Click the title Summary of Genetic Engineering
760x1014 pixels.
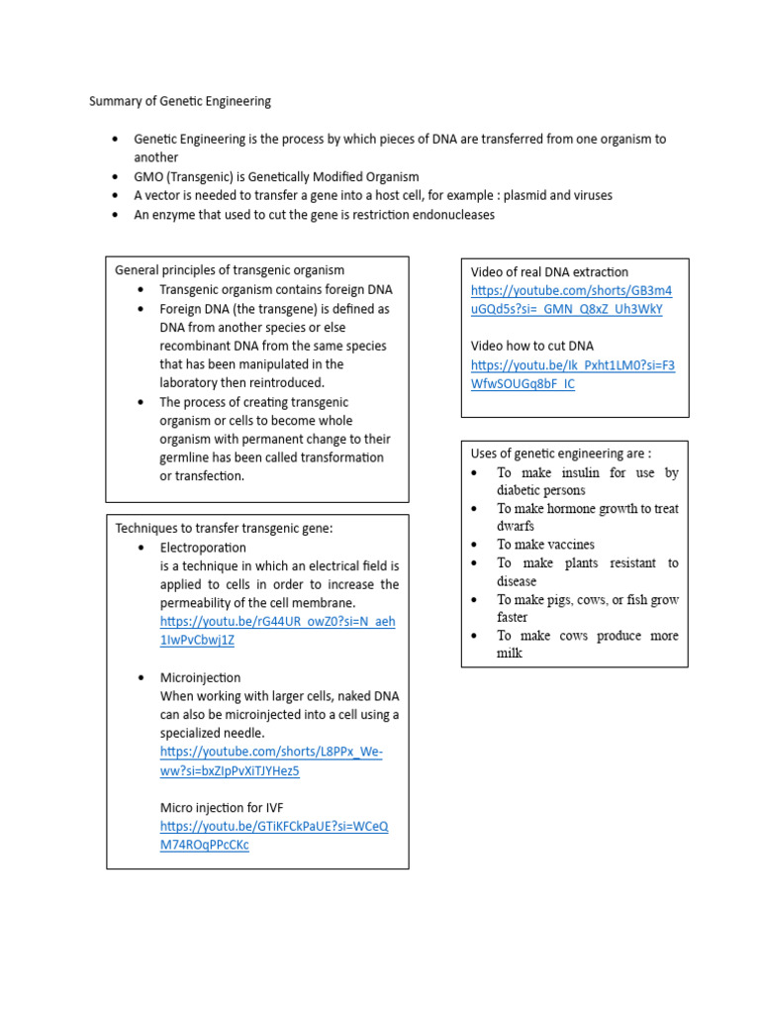(180, 101)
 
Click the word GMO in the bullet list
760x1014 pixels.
(149, 176)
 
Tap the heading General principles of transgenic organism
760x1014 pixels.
(230, 270)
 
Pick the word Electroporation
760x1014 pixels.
(203, 547)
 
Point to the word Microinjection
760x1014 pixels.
(200, 677)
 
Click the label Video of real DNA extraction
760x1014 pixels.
(549, 271)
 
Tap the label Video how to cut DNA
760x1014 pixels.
(532, 346)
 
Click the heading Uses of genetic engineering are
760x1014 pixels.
(560, 454)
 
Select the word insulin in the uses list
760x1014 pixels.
(575, 472)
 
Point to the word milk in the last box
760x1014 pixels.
(510, 654)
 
